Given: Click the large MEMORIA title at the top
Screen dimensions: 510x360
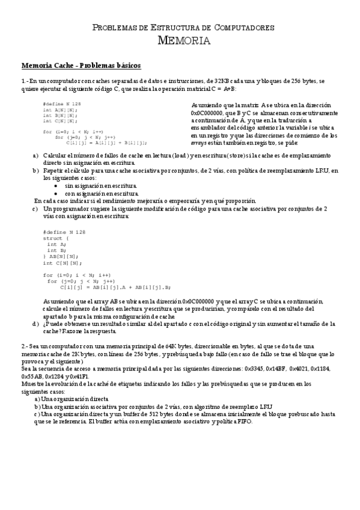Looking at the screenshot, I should coord(183,41).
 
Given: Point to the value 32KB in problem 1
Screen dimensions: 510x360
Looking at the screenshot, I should coord(231,81).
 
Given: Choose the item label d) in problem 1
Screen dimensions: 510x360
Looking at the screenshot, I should coord(35,324).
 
